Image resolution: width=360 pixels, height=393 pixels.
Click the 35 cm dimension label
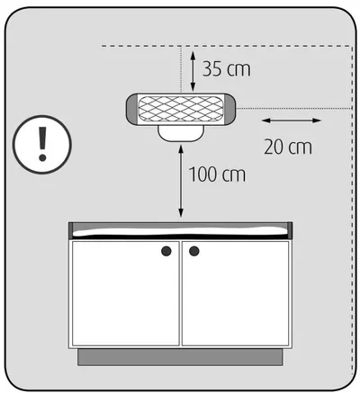coord(227,69)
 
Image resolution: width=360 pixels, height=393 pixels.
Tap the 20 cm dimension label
coord(288,147)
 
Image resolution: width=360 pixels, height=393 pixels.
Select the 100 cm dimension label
coord(217,174)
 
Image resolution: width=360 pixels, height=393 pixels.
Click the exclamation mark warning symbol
coord(42,144)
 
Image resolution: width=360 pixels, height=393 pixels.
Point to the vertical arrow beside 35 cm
coord(193,71)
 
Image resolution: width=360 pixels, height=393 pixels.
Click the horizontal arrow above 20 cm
coord(292,121)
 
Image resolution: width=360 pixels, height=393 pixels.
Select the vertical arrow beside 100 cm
coord(181,181)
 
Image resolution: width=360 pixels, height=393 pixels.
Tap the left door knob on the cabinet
coord(166,251)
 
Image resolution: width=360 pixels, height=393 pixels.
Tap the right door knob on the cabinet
coord(194,251)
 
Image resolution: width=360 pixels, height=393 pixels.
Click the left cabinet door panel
coord(126,293)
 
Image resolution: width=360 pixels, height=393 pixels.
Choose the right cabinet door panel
coord(235,293)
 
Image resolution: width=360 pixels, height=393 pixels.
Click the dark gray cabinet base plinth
coord(180,357)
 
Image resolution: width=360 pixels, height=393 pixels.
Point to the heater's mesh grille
coord(180,109)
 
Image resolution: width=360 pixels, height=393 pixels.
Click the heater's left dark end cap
coord(131,109)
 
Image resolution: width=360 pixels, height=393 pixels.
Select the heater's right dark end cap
coord(229,109)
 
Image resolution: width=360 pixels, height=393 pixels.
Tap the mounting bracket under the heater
coord(181,133)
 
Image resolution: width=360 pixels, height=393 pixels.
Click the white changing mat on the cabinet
coord(180,231)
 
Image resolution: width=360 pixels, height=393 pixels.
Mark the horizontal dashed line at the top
coord(227,46)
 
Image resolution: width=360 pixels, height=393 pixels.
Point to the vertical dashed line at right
coord(352,210)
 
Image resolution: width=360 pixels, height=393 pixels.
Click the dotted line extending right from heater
coord(294,108)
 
